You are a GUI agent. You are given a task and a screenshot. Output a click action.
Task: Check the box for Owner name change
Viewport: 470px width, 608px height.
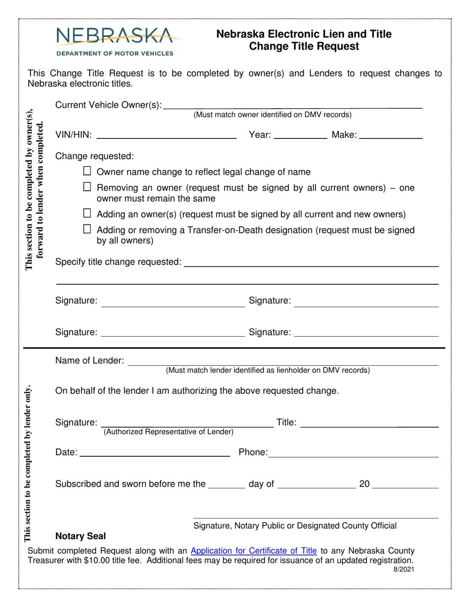(87, 171)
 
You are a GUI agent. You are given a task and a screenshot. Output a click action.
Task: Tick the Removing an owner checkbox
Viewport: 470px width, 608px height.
(87, 187)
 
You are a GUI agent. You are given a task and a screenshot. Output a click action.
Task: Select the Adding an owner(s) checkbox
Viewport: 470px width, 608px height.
(87, 214)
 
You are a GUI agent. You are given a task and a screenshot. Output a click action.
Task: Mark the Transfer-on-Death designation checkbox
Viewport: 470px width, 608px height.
(87, 229)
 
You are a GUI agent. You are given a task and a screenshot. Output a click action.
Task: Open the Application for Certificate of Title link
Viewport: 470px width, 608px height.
(253, 551)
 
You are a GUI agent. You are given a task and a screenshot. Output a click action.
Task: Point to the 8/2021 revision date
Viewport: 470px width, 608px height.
(404, 569)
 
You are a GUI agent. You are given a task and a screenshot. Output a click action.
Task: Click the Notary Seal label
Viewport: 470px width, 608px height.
(81, 536)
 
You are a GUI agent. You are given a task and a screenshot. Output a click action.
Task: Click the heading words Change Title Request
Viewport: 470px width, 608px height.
(304, 46)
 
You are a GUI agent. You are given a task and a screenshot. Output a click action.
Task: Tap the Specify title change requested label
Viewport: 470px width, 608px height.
(118, 262)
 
